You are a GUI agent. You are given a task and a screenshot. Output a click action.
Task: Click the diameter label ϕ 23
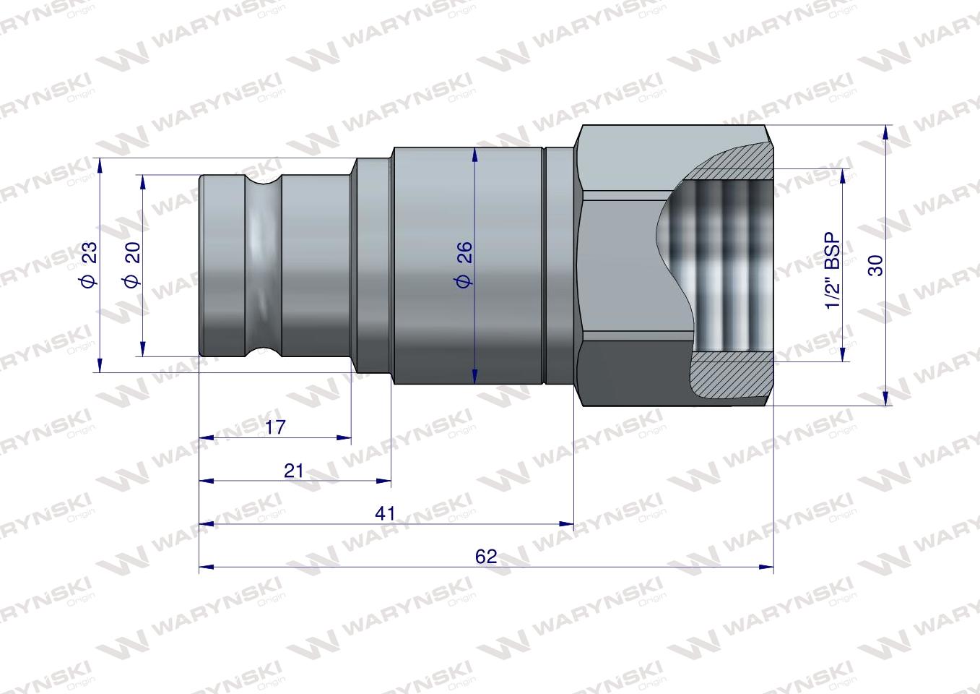coord(89,265)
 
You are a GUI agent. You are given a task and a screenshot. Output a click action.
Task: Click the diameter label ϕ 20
coord(131,265)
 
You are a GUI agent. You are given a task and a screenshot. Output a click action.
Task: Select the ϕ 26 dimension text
coord(464,265)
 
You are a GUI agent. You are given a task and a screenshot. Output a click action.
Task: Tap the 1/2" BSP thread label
coord(833,271)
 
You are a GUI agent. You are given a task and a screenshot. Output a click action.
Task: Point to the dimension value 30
coord(876,265)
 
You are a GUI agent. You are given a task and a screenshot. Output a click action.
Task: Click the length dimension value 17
coord(275,427)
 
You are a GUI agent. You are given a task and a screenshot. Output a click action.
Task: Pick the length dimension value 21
coord(293,471)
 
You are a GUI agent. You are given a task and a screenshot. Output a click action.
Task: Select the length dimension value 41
coord(386,513)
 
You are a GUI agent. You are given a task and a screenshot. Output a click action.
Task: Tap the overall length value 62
coord(486,556)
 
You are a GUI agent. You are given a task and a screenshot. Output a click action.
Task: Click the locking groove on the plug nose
coord(261,265)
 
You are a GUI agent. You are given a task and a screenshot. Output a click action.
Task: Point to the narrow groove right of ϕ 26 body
coord(543,265)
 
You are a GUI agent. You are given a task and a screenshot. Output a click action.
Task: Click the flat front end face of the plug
coord(201,265)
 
